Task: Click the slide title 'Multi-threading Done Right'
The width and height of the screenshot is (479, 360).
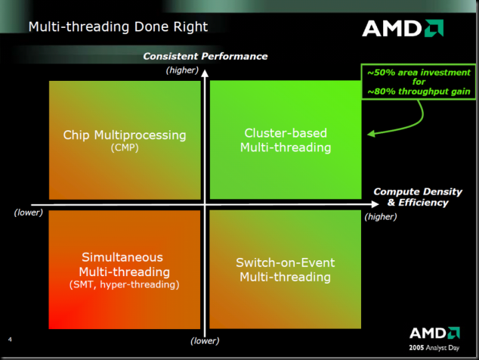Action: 118,28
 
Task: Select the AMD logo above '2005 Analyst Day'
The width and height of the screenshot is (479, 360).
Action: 434,333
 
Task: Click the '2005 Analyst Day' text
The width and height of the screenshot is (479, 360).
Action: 434,346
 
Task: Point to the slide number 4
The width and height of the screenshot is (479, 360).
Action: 10,337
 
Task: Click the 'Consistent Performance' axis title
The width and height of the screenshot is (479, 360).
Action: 205,57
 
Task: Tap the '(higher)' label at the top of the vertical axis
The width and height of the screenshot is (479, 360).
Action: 181,70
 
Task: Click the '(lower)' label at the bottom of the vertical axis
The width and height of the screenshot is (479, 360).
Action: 205,340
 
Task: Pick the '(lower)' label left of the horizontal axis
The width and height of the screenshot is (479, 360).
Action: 29,213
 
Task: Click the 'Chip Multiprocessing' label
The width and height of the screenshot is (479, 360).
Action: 124,135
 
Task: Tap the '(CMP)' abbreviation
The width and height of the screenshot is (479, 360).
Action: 124,148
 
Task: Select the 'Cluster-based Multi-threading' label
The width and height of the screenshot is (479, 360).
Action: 286,141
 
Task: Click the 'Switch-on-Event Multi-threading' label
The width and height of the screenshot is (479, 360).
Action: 286,270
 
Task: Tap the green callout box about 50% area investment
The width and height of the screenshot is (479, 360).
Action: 419,83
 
